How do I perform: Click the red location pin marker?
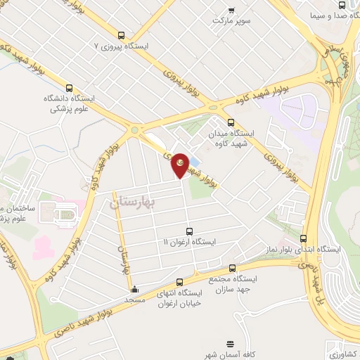coord(180,165)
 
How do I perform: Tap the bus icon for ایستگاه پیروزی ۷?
coord(122,35)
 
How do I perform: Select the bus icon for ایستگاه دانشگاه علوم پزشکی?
coord(69,89)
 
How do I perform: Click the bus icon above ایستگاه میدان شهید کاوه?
coord(231,122)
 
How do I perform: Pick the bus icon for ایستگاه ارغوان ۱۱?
coord(189,231)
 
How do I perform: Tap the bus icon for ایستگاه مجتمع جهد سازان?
coord(233,268)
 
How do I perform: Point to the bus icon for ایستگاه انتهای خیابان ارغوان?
coord(179,282)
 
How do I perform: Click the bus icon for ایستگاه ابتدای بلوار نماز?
coord(304,239)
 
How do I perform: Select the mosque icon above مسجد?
coord(134,288)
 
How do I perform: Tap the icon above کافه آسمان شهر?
coord(231,344)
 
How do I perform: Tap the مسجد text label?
coord(134,300)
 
